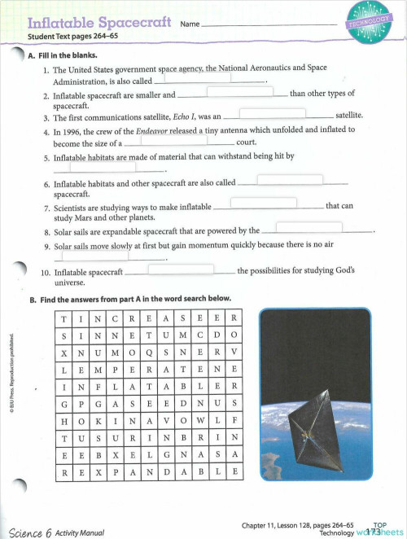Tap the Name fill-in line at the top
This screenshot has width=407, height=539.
coord(269,24)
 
